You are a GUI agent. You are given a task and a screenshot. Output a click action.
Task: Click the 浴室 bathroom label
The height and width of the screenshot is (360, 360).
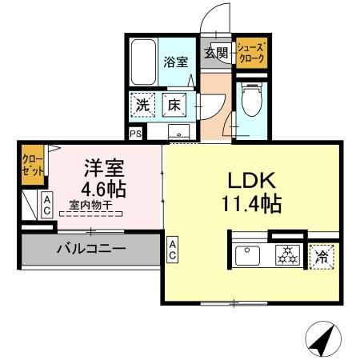pos(175,61)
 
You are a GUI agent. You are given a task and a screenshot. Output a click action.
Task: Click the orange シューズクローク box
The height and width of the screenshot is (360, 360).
pos(250,54)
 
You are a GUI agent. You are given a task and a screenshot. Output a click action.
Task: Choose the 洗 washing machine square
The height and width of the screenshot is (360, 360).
pos(142,104)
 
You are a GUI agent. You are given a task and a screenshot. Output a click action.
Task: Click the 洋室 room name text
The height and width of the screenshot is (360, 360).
pos(103,169)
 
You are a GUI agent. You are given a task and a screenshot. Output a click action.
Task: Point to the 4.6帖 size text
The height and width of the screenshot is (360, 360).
pos(103,191)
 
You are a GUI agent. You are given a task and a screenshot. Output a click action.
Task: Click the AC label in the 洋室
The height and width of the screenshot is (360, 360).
pos(47,206)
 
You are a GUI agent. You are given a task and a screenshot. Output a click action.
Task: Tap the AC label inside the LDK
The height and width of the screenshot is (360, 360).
pos(174,250)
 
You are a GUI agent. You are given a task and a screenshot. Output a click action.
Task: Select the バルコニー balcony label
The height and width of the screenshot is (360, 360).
pos(90,249)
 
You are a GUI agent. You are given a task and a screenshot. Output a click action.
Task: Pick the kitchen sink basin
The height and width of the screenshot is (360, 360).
pos(248,257)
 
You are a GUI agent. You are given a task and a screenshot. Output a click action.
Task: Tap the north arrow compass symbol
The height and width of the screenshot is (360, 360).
pos(322,341)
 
